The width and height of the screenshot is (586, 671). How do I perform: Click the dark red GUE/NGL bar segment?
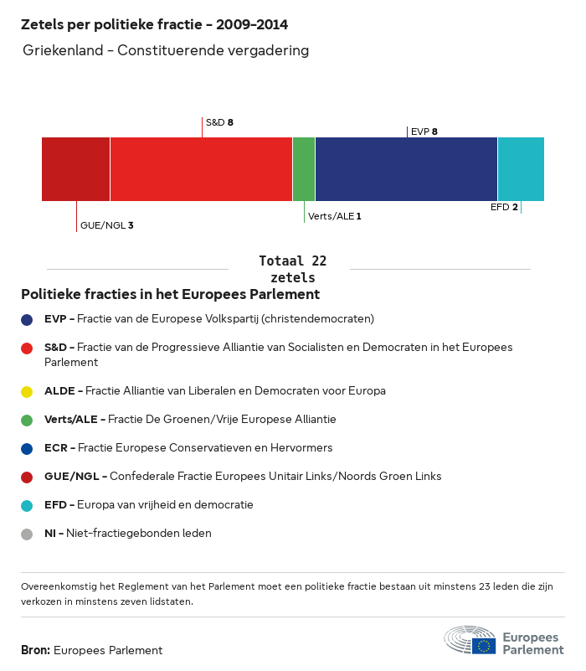[75, 169]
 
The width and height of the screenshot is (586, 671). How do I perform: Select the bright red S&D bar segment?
[201, 169]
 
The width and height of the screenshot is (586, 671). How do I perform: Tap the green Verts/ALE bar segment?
[304, 169]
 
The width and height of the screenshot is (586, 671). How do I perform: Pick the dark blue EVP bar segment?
[406, 169]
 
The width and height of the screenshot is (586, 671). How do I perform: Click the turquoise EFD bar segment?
[521, 169]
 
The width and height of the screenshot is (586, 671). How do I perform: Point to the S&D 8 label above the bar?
[219, 122]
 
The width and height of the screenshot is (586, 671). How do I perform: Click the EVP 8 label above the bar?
[424, 132]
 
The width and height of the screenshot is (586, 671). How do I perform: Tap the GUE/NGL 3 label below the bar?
[106, 225]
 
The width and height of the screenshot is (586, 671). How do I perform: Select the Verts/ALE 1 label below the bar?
[335, 216]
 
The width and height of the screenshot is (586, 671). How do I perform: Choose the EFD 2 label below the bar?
[504, 207]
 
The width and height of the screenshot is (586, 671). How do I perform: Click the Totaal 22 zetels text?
[293, 269]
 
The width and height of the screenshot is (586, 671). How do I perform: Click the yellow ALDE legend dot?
[28, 391]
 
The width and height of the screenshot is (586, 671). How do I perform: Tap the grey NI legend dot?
[28, 534]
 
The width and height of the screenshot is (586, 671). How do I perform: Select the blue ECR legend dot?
[28, 448]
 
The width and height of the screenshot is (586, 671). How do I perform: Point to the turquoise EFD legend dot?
[28, 505]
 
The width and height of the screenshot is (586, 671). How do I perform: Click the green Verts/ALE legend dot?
[28, 420]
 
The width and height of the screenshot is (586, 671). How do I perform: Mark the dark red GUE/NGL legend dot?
[28, 477]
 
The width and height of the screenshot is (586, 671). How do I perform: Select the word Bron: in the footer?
[35, 650]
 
